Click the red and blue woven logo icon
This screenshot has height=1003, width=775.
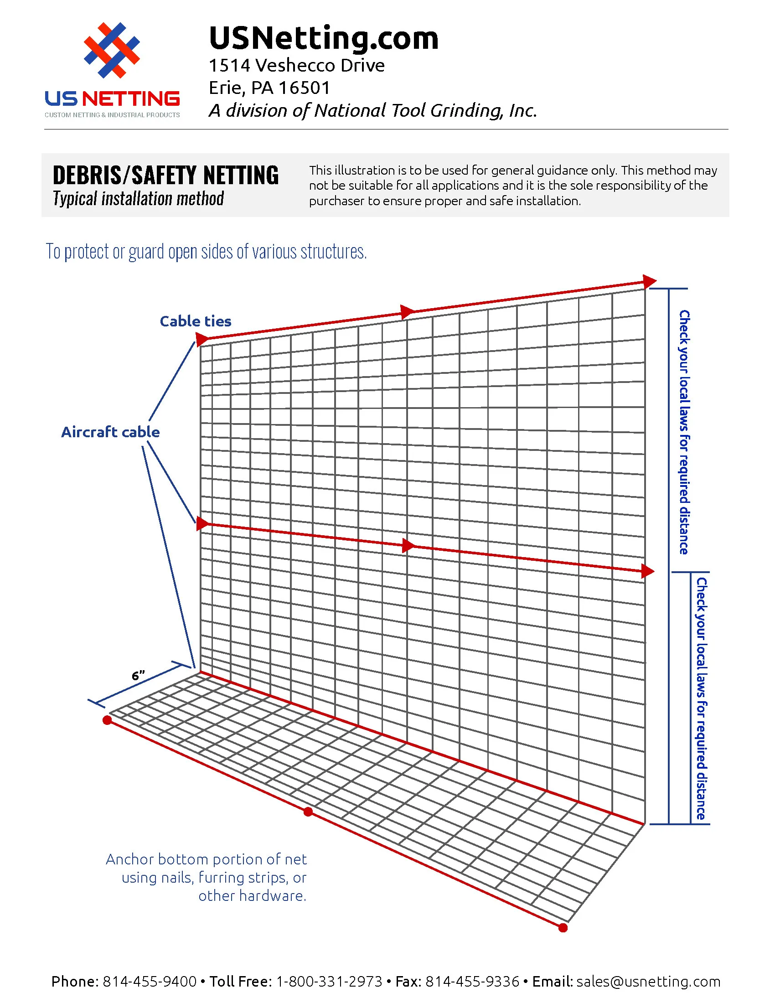(112, 50)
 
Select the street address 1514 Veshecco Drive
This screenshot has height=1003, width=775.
(297, 66)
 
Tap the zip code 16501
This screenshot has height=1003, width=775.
(305, 88)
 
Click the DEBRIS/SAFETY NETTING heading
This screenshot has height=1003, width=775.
(166, 175)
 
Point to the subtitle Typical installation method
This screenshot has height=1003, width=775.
(138, 199)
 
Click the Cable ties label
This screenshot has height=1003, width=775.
(195, 321)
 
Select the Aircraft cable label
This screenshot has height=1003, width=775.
(110, 432)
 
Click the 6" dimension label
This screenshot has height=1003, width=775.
(138, 676)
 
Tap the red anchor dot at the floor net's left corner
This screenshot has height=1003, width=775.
(107, 720)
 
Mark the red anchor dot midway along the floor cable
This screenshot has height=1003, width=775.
(308, 812)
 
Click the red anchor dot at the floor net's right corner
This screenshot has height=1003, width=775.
(563, 928)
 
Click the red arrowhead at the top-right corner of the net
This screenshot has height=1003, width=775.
(649, 281)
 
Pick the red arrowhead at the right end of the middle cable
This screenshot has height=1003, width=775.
(647, 571)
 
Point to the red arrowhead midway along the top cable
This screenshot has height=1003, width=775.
(407, 311)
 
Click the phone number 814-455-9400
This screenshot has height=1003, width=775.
(149, 982)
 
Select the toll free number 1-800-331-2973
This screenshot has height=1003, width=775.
(329, 982)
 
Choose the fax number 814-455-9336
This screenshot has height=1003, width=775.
(472, 982)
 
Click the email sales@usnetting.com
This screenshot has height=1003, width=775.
(648, 982)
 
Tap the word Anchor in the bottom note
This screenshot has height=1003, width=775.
(129, 859)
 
